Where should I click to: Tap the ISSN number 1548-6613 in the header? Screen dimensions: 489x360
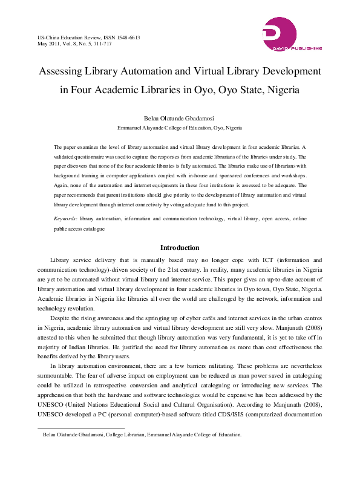pos(126,38)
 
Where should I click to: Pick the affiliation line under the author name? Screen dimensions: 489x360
pos(179,129)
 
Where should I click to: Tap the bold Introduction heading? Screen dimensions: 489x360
pos(180,248)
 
